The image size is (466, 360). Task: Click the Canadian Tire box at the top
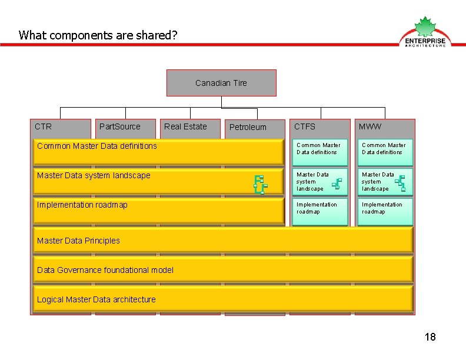[221, 83]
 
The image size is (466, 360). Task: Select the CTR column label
[44, 126]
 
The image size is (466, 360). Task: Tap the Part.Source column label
[120, 126]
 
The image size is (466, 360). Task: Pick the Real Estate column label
[185, 126]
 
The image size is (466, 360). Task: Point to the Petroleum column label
[248, 127]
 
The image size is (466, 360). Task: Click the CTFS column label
[305, 126]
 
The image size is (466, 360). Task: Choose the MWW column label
[370, 126]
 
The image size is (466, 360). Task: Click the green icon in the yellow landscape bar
[259, 185]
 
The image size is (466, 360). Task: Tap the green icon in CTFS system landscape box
[337, 185]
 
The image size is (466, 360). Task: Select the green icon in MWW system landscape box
[400, 184]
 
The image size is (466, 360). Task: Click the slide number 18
[430, 337]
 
